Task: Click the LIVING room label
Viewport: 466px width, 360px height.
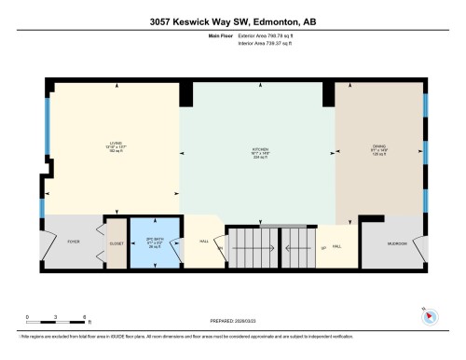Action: [116, 143]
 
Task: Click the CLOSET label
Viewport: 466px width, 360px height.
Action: [116, 241]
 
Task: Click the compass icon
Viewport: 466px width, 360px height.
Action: [429, 315]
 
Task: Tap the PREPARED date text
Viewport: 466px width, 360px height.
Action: [232, 315]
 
